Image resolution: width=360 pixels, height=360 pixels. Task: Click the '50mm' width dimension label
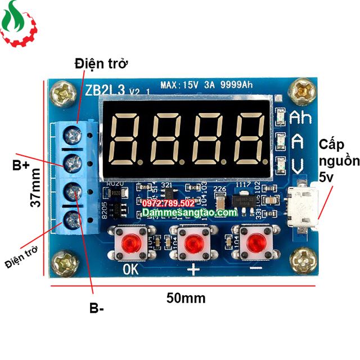click(186, 298)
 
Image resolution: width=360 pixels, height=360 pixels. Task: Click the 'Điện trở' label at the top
click(101, 64)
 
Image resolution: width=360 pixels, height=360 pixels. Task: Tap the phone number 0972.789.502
click(169, 202)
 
